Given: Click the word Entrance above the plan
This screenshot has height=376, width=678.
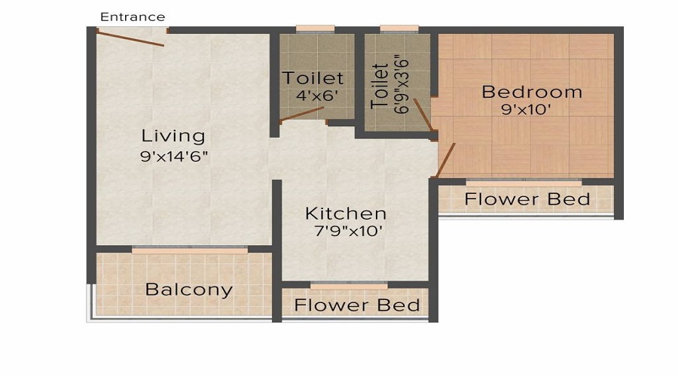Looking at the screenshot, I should (x=133, y=17).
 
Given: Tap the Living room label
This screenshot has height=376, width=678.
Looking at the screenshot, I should (x=173, y=136).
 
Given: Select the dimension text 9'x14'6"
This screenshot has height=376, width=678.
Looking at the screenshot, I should (x=174, y=157).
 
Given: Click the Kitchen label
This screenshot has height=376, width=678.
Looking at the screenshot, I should (x=346, y=214).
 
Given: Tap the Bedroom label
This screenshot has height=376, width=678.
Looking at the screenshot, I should (x=532, y=92).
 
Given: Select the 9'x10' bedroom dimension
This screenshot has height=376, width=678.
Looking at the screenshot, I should (x=532, y=110).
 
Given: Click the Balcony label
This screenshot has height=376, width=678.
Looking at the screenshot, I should (x=189, y=290).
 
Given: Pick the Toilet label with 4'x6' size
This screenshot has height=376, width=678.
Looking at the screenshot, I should (x=313, y=78).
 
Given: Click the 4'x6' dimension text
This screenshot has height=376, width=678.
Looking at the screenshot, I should (x=314, y=96).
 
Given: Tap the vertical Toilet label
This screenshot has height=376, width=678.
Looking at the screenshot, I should (x=381, y=86).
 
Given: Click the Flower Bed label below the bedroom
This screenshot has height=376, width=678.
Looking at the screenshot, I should (x=527, y=199).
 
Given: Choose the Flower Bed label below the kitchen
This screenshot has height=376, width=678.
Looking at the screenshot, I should (x=357, y=305).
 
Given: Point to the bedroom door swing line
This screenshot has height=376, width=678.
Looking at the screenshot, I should (x=446, y=157).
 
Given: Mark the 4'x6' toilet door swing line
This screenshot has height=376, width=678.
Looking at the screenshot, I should (x=301, y=115).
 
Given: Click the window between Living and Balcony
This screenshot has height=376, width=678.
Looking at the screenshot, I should (x=190, y=250).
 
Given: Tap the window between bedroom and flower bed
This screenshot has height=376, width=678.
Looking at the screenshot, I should (x=524, y=182).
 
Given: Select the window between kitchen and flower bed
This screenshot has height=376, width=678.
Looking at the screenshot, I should (x=350, y=285).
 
